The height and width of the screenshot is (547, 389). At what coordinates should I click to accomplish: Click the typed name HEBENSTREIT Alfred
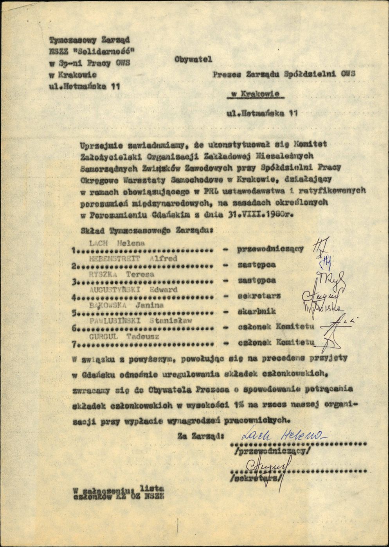[133, 258]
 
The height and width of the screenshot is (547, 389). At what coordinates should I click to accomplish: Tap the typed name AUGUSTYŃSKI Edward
[133, 290]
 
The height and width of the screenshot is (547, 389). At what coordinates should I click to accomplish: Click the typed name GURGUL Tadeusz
[120, 336]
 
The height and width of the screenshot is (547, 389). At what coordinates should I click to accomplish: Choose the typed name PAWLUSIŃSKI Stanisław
[137, 321]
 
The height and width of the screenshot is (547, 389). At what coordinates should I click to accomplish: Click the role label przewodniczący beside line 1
[270, 249]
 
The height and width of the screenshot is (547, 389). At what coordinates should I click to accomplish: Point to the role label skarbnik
[257, 311]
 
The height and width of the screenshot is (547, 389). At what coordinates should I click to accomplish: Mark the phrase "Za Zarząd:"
[201, 434]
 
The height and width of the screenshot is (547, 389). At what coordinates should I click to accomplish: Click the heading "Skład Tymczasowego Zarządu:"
[146, 231]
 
